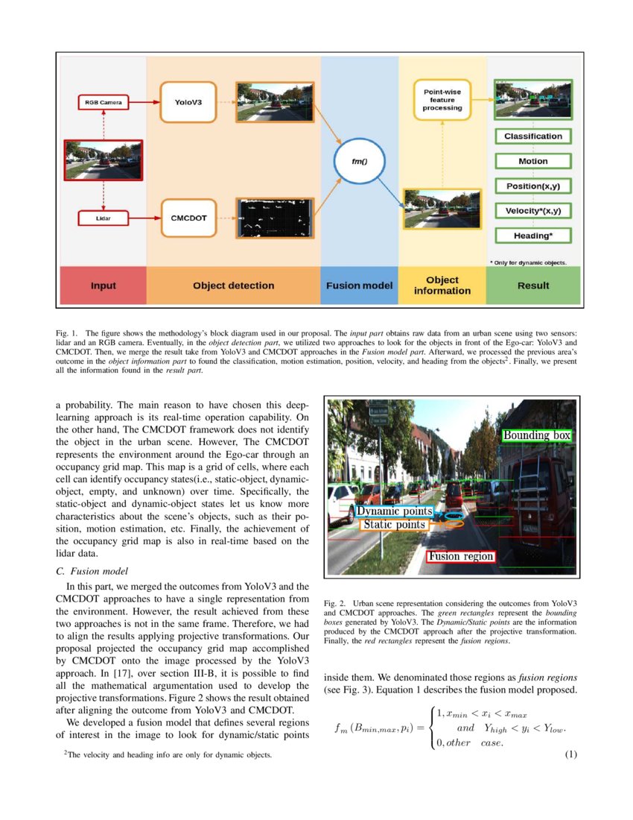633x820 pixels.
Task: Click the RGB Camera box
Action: click(x=103, y=101)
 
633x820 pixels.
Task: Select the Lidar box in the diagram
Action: click(x=103, y=219)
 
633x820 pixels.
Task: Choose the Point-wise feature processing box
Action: click(x=442, y=99)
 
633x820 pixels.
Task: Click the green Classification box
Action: click(x=532, y=136)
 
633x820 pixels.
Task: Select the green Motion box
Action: click(x=532, y=161)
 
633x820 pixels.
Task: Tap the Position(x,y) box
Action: click(x=532, y=186)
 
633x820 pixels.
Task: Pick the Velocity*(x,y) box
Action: click(x=532, y=210)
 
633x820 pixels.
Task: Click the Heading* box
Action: click(x=532, y=236)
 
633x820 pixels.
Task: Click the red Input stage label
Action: click(x=104, y=286)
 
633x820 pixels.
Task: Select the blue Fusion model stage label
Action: click(x=360, y=286)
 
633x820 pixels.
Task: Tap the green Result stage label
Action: click(x=532, y=286)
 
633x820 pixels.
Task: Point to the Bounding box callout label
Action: click(x=536, y=435)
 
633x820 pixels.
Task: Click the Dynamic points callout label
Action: click(x=394, y=512)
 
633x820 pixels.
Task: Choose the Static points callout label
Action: click(x=394, y=525)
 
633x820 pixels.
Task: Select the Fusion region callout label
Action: click(x=460, y=556)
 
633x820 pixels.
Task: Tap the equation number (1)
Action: click(x=570, y=754)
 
